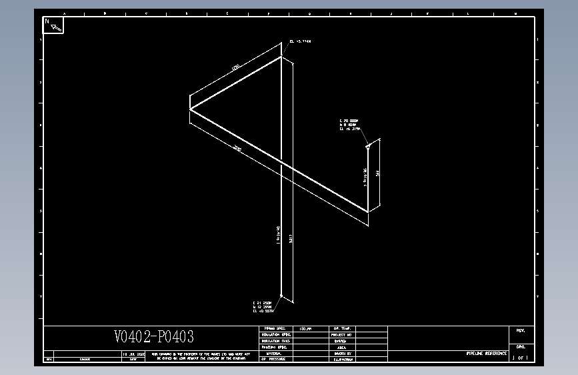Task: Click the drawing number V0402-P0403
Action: click(154, 337)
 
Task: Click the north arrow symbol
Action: click(57, 27)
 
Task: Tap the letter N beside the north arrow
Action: click(47, 21)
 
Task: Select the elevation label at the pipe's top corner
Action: click(300, 41)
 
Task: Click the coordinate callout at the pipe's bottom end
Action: click(263, 307)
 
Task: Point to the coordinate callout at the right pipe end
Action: click(349, 125)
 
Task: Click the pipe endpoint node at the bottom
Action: click(281, 296)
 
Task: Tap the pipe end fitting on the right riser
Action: click(367, 146)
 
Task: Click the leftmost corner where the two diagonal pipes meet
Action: click(191, 108)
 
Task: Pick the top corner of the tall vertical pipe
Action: click(281, 57)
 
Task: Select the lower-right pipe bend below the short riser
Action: click(368, 212)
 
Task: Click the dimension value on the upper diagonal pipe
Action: click(235, 67)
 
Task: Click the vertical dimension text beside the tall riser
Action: click(291, 238)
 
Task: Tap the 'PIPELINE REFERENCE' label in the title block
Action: click(486, 352)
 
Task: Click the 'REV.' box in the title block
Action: click(521, 331)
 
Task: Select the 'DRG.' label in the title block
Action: click(521, 347)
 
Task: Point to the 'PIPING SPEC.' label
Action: click(274, 329)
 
